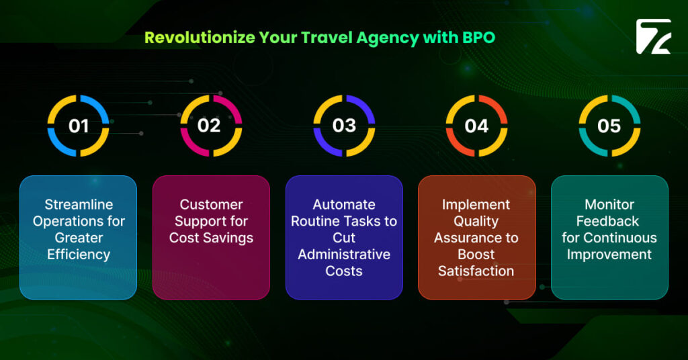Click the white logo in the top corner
point(653,37)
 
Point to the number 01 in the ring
point(79,126)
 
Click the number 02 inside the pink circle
point(210,126)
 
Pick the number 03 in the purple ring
point(344,126)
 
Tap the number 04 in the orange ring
point(476,126)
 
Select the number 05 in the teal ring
point(609,126)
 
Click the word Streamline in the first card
point(79,204)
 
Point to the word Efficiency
point(79,255)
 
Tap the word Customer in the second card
point(211,204)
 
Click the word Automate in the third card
point(344,204)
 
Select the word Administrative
point(344,255)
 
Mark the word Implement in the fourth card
point(476,204)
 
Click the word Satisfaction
point(476,271)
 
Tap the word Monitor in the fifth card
point(609,204)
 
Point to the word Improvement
point(609,255)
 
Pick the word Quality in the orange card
point(476,221)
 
